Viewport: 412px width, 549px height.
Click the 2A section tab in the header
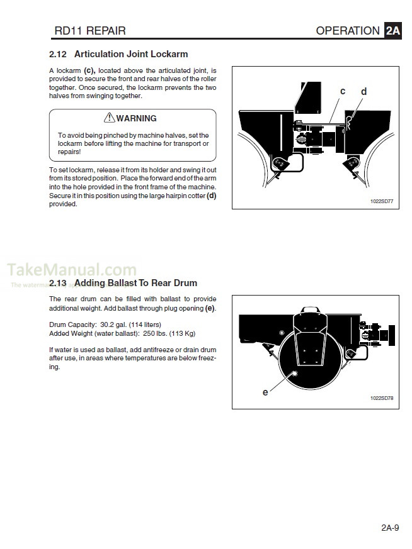click(x=392, y=30)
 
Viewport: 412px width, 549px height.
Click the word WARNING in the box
click(x=136, y=118)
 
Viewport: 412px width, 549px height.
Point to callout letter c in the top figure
click(x=343, y=91)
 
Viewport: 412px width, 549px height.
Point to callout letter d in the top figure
click(x=363, y=92)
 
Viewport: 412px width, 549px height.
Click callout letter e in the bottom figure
click(x=265, y=392)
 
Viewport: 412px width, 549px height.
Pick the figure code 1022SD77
click(x=381, y=202)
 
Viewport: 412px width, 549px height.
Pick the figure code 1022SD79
click(x=381, y=399)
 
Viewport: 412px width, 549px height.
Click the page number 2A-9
click(x=389, y=528)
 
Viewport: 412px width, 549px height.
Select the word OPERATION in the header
click(x=348, y=30)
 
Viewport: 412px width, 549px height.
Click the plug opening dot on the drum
click(x=294, y=373)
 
